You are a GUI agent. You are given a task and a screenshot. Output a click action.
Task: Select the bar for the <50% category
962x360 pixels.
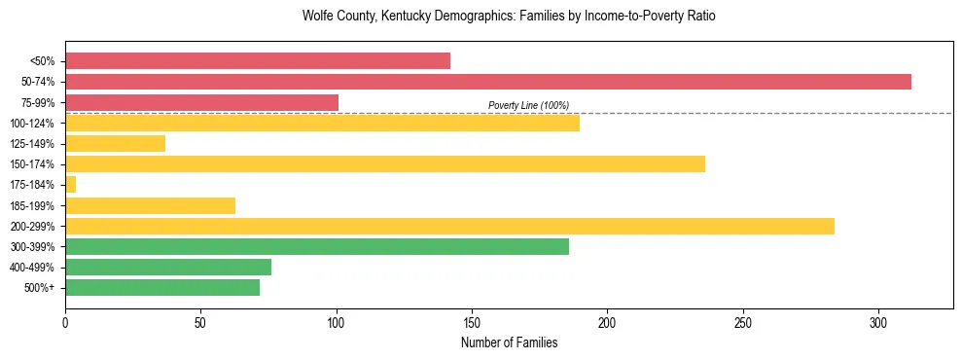coord(258,61)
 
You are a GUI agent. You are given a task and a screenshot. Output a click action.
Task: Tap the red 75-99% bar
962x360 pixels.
coord(201,102)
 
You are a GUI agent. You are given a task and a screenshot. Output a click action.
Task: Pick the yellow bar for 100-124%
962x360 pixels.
coord(322,123)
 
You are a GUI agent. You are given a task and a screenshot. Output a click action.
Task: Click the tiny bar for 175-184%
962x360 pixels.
coord(70,184)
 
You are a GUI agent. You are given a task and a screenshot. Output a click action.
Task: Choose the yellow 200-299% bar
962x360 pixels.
coord(449,226)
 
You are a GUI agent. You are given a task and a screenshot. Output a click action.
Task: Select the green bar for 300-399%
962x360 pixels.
coord(317,246)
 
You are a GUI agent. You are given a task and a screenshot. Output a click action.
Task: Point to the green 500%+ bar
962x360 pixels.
coord(164,287)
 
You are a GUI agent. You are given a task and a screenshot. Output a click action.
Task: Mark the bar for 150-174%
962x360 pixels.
coord(385,163)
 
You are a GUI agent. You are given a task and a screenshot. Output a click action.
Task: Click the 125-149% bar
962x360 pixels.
coord(115,143)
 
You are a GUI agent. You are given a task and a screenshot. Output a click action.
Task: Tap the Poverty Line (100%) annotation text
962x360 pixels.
coord(528,105)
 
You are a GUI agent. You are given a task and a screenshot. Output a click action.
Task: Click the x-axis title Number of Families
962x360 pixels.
coord(509,342)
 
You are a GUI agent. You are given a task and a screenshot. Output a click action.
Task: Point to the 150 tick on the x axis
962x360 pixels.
coord(472,321)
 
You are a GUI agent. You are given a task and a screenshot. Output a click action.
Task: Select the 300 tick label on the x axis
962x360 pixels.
coord(878,321)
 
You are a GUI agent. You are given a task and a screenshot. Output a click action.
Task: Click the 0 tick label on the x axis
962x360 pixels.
coord(65,321)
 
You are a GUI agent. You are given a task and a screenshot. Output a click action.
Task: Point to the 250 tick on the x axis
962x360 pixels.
coord(743,321)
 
